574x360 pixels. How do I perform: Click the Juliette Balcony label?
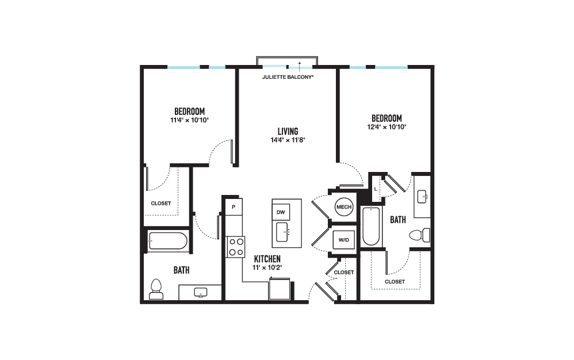pos(288,77)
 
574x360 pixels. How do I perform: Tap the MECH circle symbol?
pos(344,206)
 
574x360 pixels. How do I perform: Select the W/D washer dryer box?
pos(344,240)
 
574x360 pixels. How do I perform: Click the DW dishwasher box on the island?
pos(281,212)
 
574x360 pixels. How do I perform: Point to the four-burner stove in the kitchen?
pos(236,247)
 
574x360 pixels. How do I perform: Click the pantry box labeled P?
pos(234,206)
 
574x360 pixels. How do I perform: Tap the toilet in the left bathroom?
pos(156,289)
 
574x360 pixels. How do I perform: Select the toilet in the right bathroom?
pos(419,235)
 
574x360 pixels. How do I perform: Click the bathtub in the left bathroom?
pos(168,241)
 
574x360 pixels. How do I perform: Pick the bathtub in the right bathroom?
pos(371,226)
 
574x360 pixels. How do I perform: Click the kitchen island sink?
pos(282,232)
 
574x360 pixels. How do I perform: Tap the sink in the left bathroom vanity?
pos(200,292)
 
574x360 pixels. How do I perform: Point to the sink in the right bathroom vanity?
pos(422,197)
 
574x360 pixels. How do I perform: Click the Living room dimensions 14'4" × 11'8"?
pos(288,140)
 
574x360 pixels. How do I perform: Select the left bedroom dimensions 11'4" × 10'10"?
pos(189,120)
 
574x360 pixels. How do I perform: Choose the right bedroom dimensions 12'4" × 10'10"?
pos(387,127)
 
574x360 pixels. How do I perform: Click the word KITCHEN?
pos(267,259)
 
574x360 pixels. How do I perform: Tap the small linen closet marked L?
pos(376,189)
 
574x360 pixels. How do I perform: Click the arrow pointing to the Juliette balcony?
pos(300,67)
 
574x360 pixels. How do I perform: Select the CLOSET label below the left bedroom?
pos(160,203)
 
